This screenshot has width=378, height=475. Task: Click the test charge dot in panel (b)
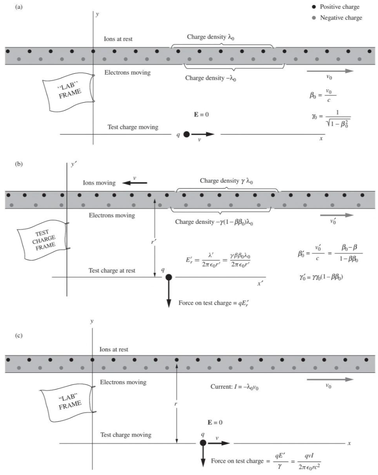click(169, 277)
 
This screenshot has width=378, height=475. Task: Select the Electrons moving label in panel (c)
click(123, 382)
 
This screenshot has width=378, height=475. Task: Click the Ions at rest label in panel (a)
click(118, 39)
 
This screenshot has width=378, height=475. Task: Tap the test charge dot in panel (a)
click(187, 135)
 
